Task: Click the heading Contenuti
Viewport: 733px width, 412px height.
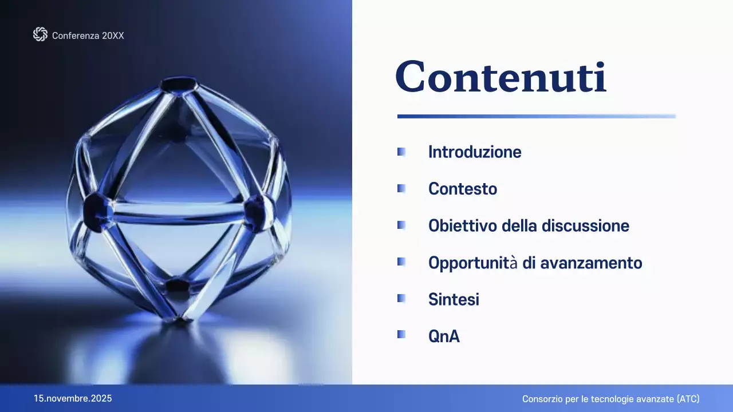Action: point(501,77)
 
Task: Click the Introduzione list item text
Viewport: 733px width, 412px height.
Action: point(475,152)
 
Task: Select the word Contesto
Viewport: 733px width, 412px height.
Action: point(463,189)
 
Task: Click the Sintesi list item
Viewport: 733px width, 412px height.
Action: point(454,299)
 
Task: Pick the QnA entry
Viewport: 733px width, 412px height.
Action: point(444,336)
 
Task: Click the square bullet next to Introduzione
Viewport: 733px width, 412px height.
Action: point(401,152)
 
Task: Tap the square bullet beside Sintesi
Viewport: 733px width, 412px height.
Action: point(401,298)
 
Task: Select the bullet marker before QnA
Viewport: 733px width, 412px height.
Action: point(401,335)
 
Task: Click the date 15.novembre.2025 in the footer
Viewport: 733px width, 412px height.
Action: point(73,398)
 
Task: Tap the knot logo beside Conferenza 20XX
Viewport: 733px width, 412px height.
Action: point(40,35)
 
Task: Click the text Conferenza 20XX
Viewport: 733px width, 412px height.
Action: point(88,35)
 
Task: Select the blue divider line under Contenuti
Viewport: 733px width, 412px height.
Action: point(536,116)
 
